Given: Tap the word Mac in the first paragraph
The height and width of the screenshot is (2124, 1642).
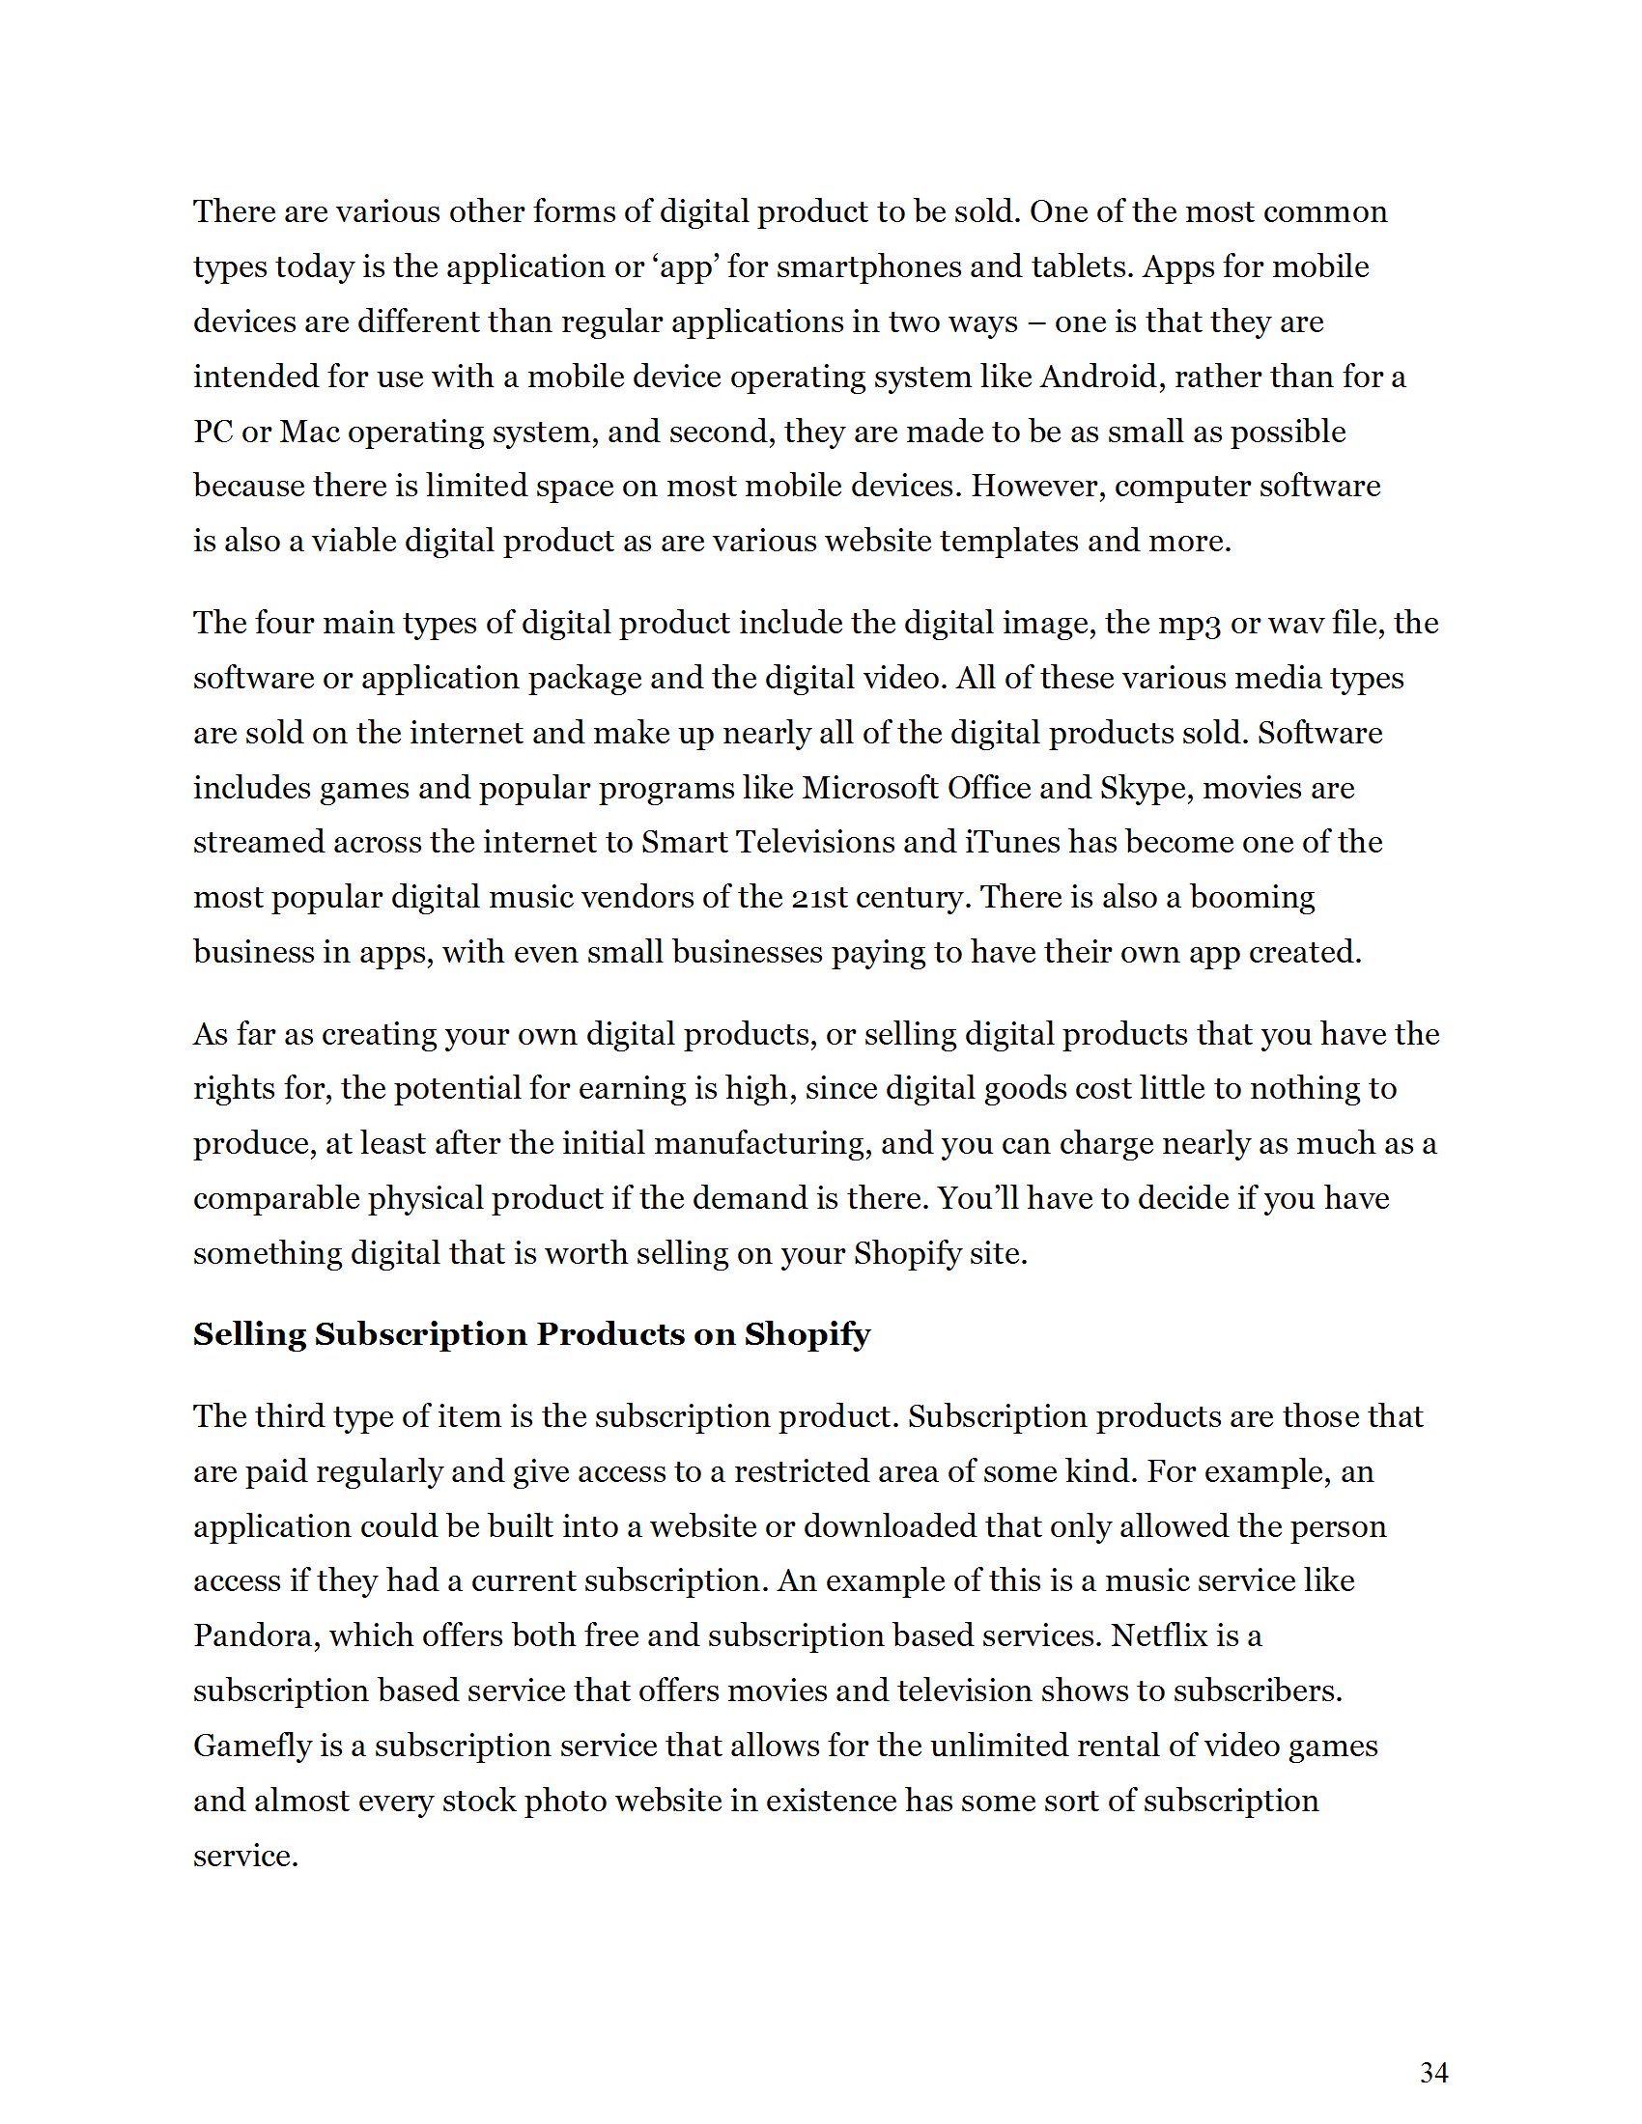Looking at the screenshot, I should pyautogui.click(x=309, y=431).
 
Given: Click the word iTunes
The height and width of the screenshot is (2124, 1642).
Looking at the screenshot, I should pyautogui.click(x=1012, y=841).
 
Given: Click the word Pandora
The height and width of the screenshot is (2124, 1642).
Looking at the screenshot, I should pyautogui.click(x=256, y=1635).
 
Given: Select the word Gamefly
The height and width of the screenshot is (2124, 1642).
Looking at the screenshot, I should pyautogui.click(x=252, y=1745).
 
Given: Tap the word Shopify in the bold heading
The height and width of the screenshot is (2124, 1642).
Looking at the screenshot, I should pyautogui.click(x=807, y=1333).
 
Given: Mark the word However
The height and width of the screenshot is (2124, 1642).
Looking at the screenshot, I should pyautogui.click(x=1038, y=486).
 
